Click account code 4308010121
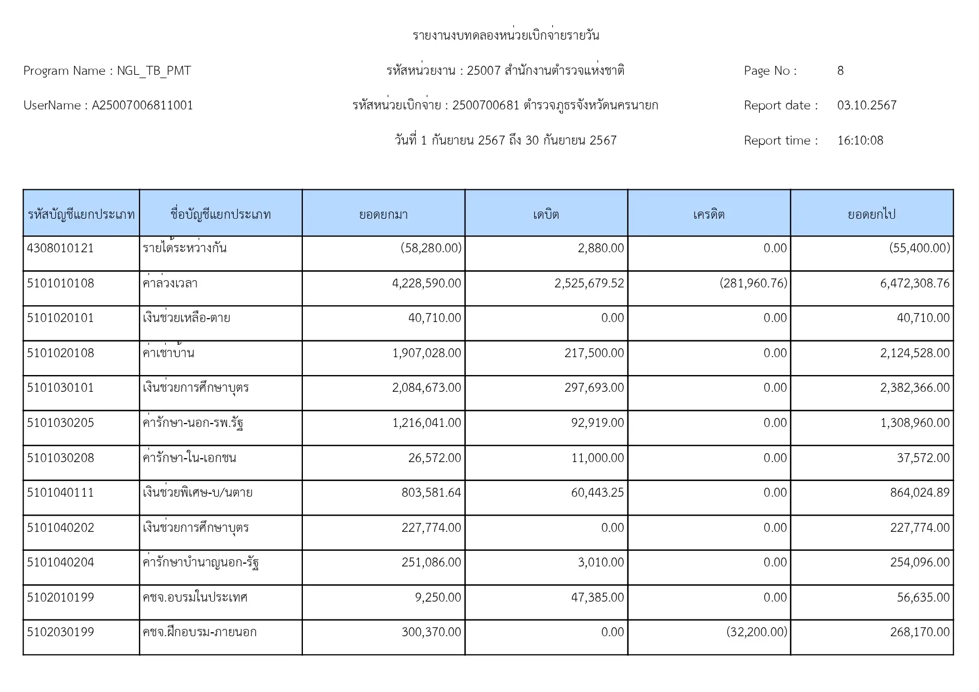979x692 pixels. (x=60, y=248)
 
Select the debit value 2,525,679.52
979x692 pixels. (x=589, y=283)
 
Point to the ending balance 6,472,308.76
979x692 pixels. (x=914, y=283)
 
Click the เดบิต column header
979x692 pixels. (x=546, y=214)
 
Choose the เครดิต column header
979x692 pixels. (x=708, y=214)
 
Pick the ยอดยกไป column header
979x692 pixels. (x=871, y=214)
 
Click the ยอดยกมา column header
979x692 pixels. (x=383, y=214)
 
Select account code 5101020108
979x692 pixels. (x=60, y=353)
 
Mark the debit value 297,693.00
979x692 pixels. (x=594, y=388)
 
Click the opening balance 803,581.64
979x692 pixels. (x=431, y=493)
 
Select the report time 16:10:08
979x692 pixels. (x=860, y=141)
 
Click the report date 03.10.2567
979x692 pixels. (x=866, y=105)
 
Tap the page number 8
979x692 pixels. (x=840, y=71)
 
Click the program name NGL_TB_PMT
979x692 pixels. (x=153, y=71)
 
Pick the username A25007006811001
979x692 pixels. (x=142, y=105)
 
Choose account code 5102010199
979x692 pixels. (x=60, y=598)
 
